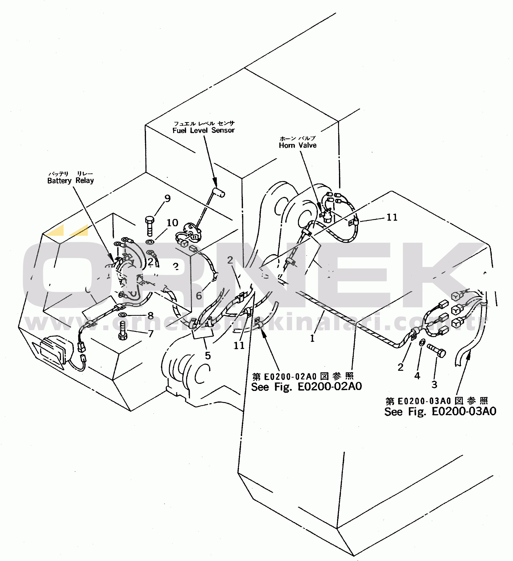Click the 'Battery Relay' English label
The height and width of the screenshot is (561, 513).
click(70, 181)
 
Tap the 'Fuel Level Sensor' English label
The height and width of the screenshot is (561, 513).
click(203, 130)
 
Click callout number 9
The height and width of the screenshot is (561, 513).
click(167, 198)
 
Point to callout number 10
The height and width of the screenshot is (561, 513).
click(172, 223)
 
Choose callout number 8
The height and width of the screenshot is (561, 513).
click(150, 316)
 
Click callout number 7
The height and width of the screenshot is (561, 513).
click(151, 333)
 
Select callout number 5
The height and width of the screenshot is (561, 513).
click(208, 356)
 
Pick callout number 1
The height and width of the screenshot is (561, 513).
click(312, 338)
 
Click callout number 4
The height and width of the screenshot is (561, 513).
click(417, 376)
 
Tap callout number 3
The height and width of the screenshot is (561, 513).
click(434, 385)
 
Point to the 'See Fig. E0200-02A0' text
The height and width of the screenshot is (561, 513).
click(306, 387)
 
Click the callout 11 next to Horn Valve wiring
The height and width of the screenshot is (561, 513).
click(392, 217)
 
